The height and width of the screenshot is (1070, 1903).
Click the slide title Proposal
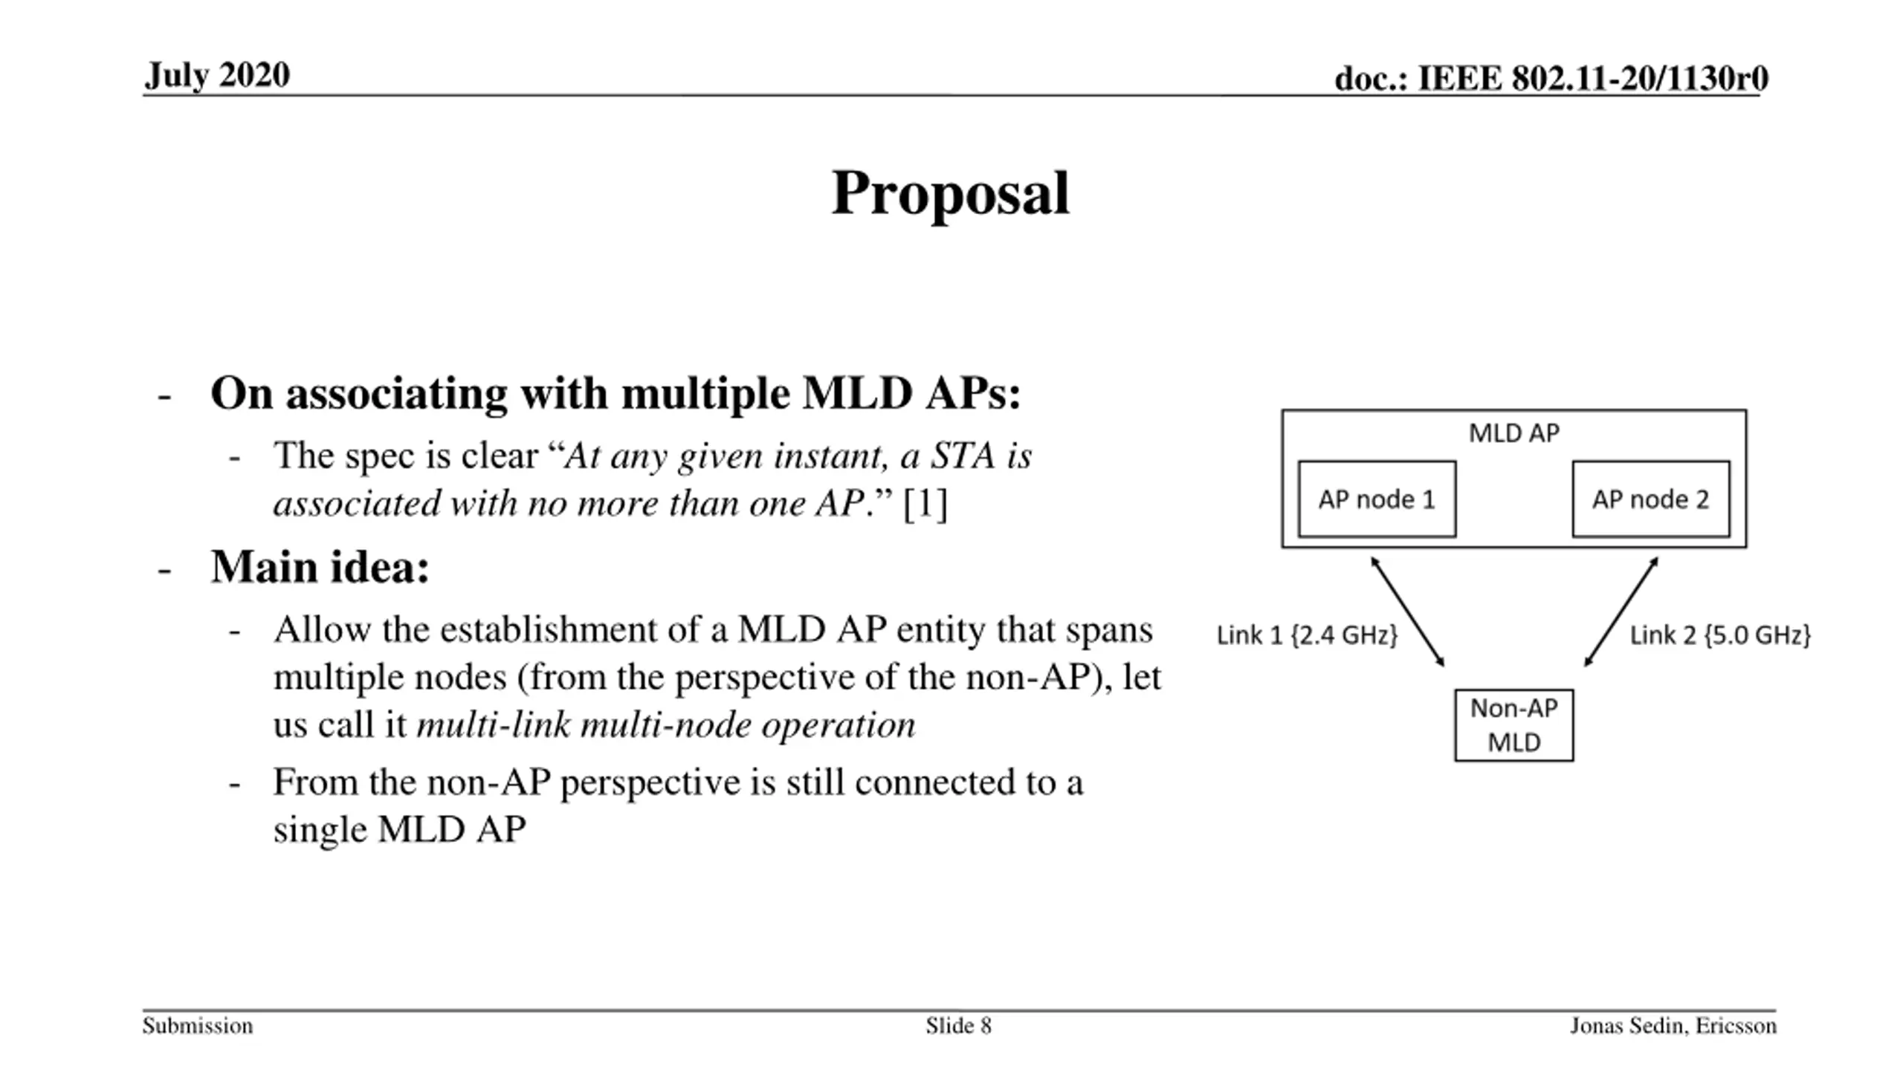(x=950, y=193)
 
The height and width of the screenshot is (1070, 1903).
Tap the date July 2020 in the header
(x=217, y=75)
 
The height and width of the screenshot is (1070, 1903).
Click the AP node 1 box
(x=1377, y=499)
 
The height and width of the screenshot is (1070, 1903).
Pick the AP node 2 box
(x=1650, y=499)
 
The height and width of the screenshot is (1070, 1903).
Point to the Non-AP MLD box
(x=1513, y=725)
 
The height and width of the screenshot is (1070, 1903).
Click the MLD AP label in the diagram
(x=1513, y=433)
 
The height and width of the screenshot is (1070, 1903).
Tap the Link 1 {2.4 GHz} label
(x=1307, y=635)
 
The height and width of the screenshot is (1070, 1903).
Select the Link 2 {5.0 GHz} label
(x=1720, y=635)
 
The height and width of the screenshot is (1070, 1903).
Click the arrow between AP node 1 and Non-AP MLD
(x=1407, y=612)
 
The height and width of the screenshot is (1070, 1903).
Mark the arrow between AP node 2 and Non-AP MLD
(x=1621, y=612)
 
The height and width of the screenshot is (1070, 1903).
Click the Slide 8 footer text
(x=958, y=1026)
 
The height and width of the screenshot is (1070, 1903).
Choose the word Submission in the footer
(x=198, y=1026)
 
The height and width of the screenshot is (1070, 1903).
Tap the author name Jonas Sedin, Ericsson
(x=1673, y=1026)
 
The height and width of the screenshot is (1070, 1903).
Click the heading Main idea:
(x=320, y=567)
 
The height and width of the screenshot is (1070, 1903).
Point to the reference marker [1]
(x=925, y=504)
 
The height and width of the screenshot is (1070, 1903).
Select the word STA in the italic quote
(x=963, y=455)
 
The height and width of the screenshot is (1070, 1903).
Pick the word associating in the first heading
(x=396, y=393)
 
